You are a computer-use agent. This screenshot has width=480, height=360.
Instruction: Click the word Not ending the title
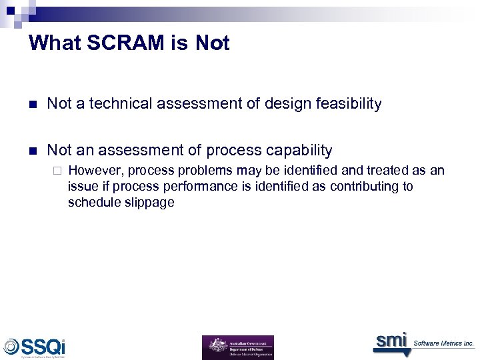click(x=212, y=43)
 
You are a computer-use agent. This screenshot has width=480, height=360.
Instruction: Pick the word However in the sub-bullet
click(x=93, y=171)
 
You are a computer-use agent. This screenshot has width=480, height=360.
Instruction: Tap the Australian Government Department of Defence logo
click(x=237, y=347)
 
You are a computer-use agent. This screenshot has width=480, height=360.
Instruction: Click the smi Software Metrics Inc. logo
click(x=423, y=342)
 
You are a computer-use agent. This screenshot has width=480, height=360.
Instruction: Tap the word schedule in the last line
click(x=91, y=203)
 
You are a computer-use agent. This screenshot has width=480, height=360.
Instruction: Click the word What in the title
click(x=55, y=43)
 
